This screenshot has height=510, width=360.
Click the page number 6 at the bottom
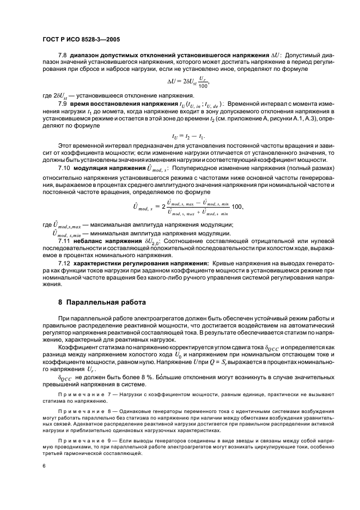[x=44, y=466]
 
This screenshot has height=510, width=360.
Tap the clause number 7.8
[x=63, y=56]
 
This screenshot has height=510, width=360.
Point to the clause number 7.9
[x=63, y=104]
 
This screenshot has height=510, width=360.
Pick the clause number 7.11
[x=64, y=240]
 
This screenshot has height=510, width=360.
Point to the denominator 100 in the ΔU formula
[x=204, y=86]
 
